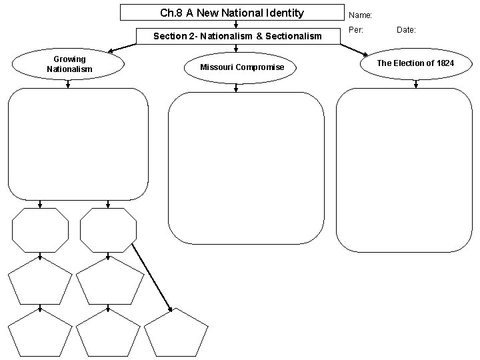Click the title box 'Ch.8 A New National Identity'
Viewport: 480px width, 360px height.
[231, 13]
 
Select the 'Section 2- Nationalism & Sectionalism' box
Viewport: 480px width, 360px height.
[237, 36]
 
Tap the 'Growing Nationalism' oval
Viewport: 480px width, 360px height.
[69, 65]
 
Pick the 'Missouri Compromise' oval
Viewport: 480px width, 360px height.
[242, 67]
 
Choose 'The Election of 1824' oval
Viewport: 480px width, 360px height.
[415, 63]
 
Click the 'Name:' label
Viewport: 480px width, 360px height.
[361, 14]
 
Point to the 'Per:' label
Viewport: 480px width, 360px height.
[355, 30]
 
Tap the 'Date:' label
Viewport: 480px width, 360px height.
[406, 30]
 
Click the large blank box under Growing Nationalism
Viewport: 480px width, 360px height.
[78, 143]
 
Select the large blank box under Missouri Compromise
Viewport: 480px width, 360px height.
[246, 168]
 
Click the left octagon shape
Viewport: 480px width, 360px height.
[40, 231]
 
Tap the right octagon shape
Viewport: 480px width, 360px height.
[108, 231]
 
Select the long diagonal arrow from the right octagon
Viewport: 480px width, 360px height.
[152, 277]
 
